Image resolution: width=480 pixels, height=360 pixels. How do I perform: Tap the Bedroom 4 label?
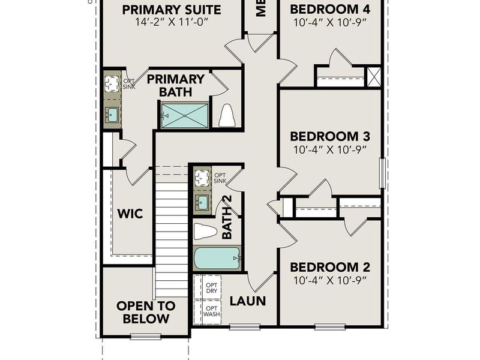pos(329,10)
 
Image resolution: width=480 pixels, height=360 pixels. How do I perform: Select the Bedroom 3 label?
pos(329,136)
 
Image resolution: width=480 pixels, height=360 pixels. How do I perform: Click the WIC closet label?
pos(129,214)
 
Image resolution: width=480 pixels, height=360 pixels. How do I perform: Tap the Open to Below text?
pos(146,312)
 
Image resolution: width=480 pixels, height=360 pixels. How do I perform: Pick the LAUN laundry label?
pos(248,301)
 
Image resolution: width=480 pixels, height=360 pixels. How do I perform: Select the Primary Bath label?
pos(176,86)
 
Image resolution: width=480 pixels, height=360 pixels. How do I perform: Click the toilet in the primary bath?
pos(227,116)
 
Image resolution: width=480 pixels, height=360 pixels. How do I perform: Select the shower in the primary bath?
pos(184,115)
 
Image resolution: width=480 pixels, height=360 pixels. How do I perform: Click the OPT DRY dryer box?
pos(211,287)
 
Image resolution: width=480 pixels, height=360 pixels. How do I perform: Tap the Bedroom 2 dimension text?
pos(329,281)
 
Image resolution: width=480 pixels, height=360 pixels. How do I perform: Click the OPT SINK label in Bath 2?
pos(220,178)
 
